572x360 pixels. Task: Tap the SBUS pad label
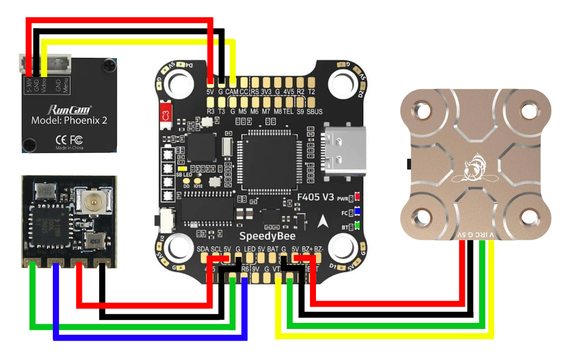[314, 111]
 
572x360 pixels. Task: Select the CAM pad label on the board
[232, 92]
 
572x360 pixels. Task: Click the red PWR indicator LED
[358, 196]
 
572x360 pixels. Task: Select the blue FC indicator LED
[358, 211]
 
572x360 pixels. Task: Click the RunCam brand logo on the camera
[70, 109]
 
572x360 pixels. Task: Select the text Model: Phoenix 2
[70, 121]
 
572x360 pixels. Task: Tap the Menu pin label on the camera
[66, 85]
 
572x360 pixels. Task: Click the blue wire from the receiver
[152, 337]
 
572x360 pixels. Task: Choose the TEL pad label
[288, 111]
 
